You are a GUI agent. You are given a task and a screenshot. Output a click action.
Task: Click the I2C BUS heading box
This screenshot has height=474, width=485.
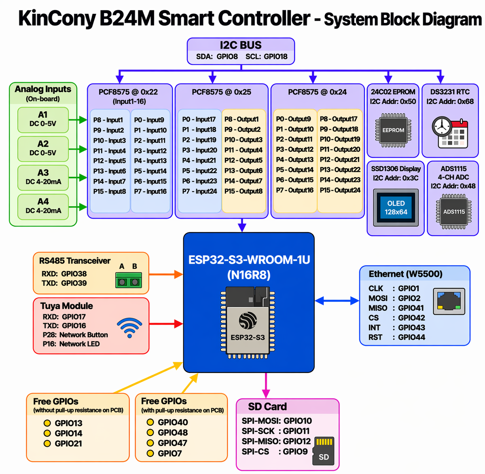241,51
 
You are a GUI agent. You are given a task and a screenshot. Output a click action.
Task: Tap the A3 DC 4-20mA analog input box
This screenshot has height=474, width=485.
43,177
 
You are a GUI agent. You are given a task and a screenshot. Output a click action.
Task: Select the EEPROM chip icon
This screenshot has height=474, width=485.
393,130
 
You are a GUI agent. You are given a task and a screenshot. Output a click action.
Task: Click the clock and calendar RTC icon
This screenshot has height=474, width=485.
450,132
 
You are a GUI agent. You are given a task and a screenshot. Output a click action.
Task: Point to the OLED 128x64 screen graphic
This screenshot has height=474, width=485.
396,208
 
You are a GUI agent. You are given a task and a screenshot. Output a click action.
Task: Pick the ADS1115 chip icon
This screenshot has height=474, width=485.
454,212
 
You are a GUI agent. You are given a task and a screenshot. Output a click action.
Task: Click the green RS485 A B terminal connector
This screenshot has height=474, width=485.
129,280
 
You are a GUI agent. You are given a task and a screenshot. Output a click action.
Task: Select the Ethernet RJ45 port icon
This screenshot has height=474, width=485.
449,301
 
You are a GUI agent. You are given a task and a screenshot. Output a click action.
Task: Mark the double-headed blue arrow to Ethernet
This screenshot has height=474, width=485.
337,300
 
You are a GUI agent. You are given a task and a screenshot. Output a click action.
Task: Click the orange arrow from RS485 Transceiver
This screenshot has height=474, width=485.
166,275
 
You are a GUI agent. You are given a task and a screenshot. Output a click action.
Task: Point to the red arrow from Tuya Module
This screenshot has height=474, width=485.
166,324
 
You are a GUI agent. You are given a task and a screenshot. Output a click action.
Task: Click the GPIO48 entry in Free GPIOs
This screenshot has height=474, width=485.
173,433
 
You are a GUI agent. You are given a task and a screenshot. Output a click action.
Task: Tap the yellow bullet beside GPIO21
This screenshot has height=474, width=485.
47,444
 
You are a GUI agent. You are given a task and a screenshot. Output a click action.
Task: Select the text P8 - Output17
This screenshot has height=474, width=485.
339,119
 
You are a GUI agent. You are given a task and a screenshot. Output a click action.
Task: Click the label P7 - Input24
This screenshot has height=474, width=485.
199,191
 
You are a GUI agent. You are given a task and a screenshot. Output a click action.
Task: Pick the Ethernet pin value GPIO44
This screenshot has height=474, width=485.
411,337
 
